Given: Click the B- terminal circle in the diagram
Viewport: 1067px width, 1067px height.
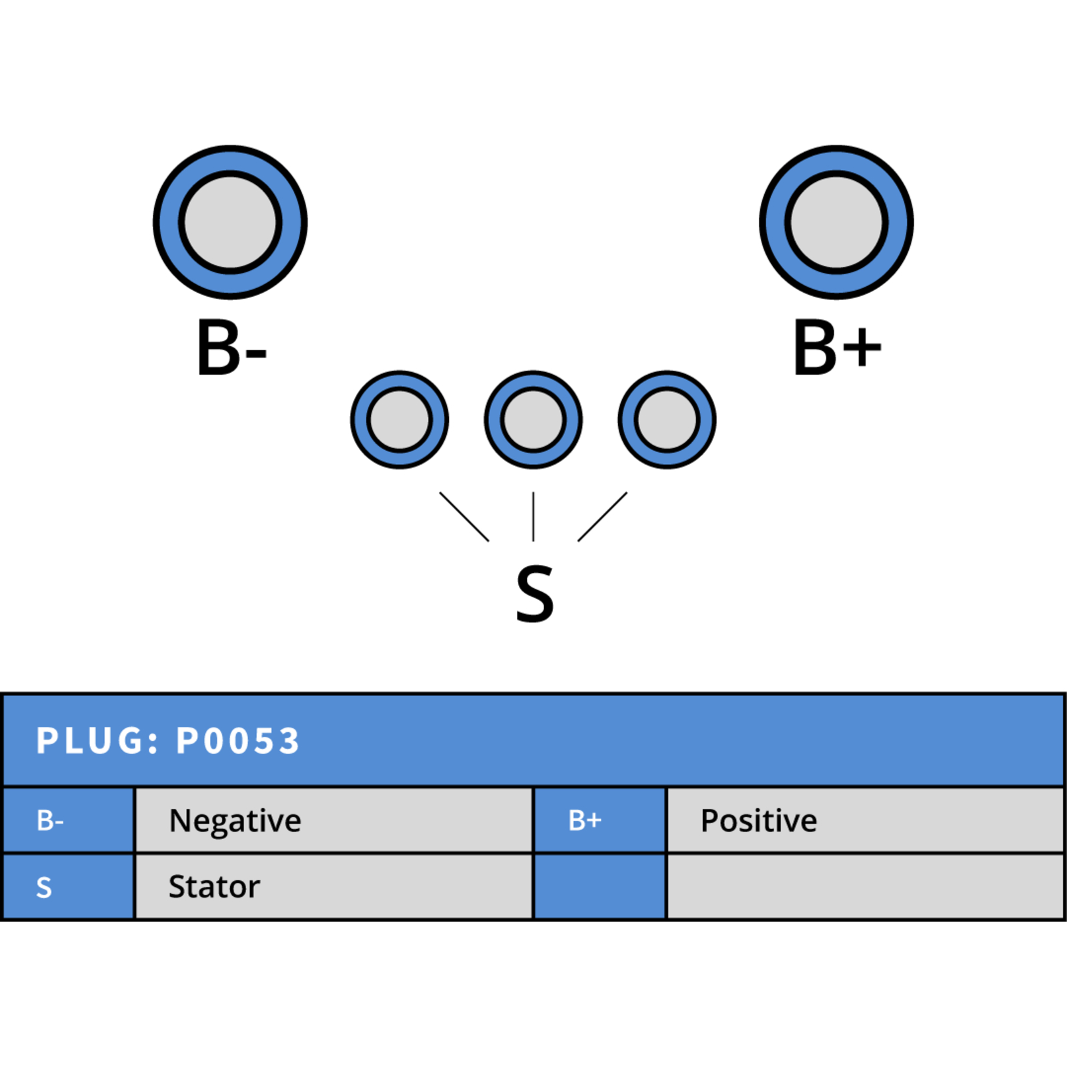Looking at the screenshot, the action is point(230,222).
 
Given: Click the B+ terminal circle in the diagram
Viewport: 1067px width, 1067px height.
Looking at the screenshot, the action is point(836,222).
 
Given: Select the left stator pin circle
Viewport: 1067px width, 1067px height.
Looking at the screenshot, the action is point(399,419).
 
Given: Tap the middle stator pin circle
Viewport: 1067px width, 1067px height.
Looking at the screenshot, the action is point(533,419).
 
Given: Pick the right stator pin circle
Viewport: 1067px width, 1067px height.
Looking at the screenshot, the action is point(667,419).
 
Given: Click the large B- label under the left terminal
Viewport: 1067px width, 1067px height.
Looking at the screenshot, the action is point(231,347).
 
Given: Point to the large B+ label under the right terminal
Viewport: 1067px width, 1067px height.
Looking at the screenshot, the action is point(838,347).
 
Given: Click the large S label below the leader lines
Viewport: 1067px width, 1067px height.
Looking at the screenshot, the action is point(535,594).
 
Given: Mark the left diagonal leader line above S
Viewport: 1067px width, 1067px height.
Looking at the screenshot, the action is point(464,517).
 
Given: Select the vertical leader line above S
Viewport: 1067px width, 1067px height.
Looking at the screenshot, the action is point(533,517).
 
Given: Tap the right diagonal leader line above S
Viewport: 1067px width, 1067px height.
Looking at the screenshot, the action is point(602,517).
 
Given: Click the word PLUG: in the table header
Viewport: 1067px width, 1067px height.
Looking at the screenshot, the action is point(98,741).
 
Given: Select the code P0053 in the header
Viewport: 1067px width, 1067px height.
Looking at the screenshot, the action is point(238,741).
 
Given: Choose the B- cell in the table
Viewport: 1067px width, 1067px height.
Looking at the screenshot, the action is point(69,820).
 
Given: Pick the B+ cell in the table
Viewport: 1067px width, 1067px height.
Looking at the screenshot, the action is point(600,820).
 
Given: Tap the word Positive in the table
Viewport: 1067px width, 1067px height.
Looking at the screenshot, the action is point(759,820).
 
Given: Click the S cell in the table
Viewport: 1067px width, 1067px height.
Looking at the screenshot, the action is point(69,887).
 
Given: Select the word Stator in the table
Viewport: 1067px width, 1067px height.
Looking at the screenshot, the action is point(214,887).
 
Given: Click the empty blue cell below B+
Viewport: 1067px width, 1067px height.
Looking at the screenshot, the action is point(600,887).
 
